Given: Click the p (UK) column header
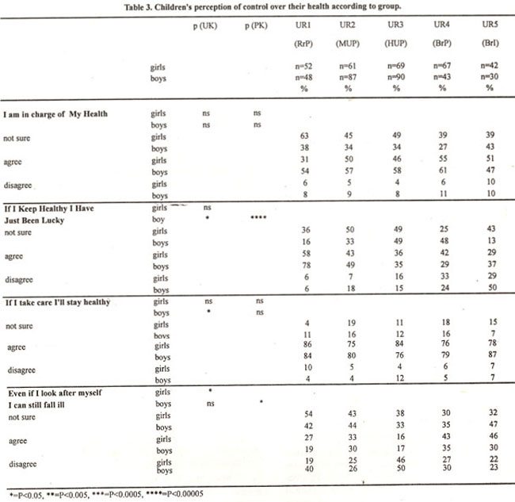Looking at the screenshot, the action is click(x=205, y=26).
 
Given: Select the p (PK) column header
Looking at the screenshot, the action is click(x=256, y=25).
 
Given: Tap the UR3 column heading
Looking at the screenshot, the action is click(x=395, y=25).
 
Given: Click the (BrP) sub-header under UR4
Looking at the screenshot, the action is click(x=442, y=44).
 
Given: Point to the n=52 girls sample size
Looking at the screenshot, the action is click(x=303, y=66).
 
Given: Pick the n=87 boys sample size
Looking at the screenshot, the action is click(x=348, y=77).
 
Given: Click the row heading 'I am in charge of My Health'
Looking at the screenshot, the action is click(x=55, y=114).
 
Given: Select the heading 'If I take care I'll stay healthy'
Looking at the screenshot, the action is click(x=58, y=302).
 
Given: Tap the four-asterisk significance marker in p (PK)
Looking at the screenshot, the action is click(x=258, y=217).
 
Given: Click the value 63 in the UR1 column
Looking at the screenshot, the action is click(x=304, y=136).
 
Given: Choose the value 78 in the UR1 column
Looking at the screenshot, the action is click(x=307, y=265).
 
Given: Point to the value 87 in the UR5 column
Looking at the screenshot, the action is click(x=492, y=354).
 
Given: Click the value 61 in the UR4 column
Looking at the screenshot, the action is click(x=443, y=171).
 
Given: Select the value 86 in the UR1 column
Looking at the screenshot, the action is click(x=307, y=344).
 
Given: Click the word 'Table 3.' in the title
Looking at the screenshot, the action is click(x=138, y=7).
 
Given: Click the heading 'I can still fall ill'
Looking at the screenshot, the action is click(x=36, y=404).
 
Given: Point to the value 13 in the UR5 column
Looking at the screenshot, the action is click(x=492, y=240).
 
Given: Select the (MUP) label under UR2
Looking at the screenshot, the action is click(x=348, y=44).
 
